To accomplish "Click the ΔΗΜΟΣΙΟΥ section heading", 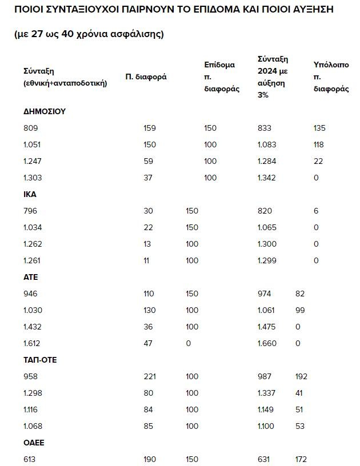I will (45, 111).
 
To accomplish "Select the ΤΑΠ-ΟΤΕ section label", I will (40, 360).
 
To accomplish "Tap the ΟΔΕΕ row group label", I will (34, 443).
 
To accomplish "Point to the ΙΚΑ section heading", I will (30, 194).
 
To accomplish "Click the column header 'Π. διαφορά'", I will (146, 77).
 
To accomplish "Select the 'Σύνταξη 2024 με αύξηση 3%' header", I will (273, 77).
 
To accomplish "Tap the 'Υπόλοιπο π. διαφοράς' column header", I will (331, 77).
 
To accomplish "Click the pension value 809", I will (30, 128).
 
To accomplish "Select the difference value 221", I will (150, 376).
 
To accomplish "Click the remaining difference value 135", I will (319, 128).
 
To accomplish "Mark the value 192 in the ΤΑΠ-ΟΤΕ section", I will (301, 376).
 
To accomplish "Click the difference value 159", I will (150, 128).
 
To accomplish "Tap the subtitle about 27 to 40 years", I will (89, 34).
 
